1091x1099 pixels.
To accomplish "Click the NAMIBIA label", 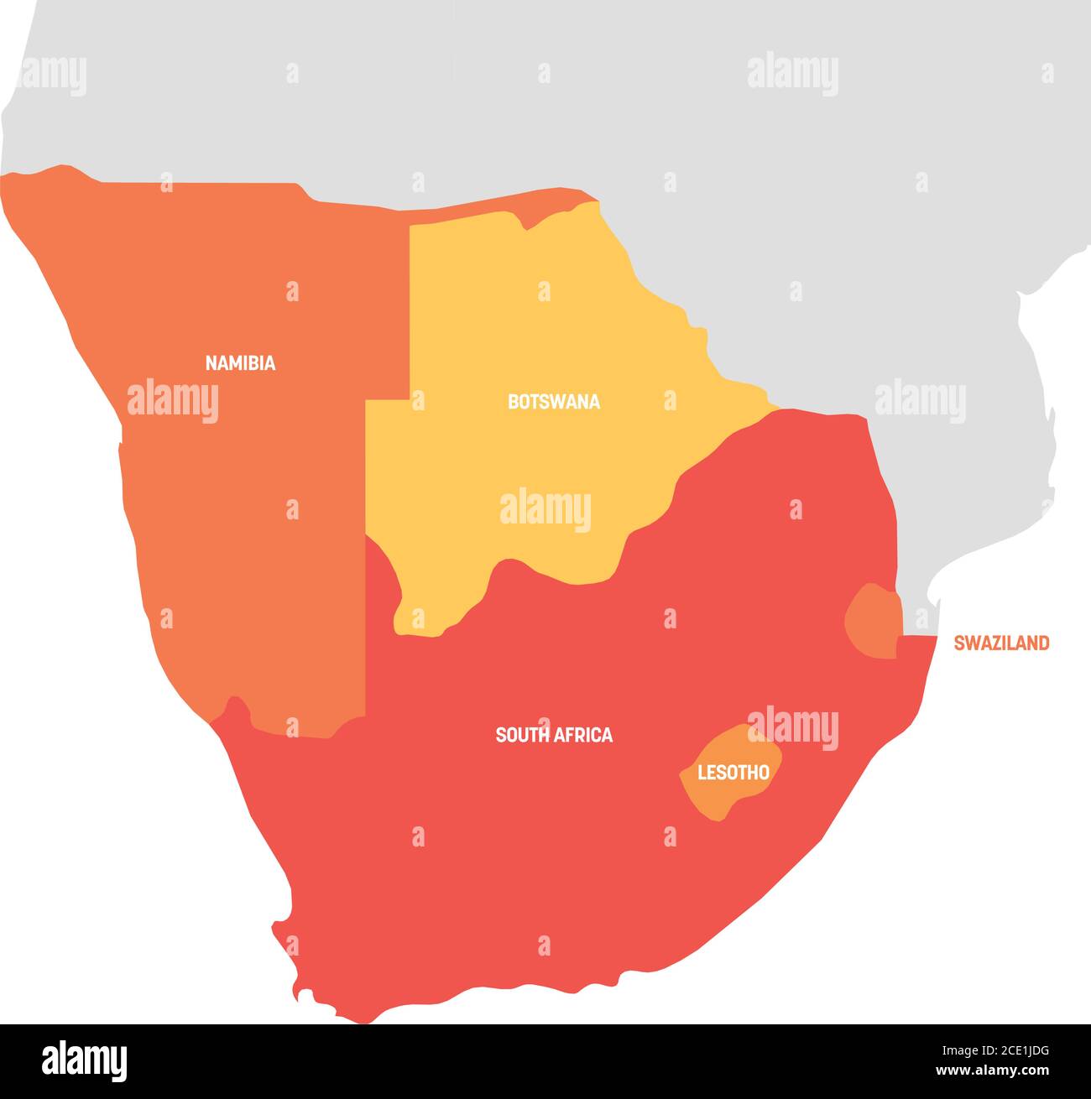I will click(240, 363).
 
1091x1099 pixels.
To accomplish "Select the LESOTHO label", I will click(733, 773).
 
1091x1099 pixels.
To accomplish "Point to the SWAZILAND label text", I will click(1000, 643).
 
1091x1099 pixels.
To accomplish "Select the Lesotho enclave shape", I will click(722, 793).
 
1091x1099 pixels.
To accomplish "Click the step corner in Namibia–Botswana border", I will click(409, 400).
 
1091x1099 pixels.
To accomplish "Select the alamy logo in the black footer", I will click(85, 1060).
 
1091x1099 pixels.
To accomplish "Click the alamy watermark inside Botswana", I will click(545, 510).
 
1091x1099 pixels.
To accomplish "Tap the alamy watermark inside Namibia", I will click(173, 401).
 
